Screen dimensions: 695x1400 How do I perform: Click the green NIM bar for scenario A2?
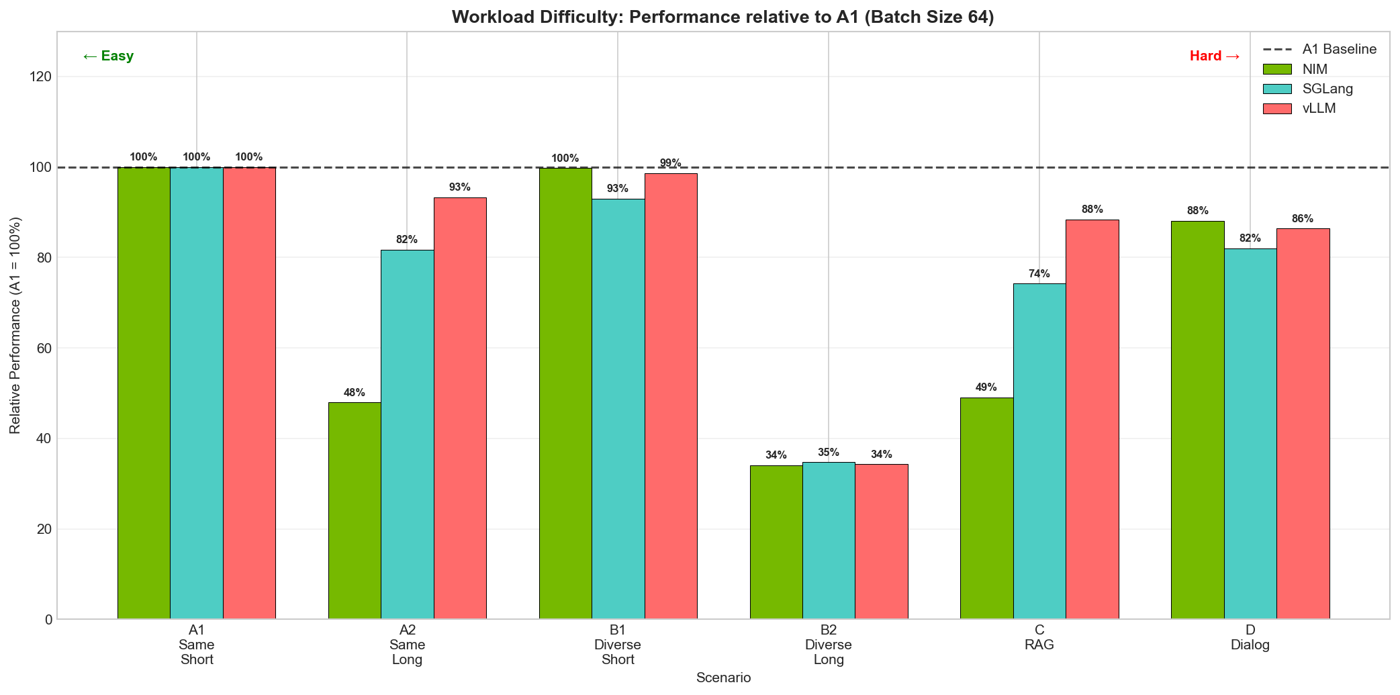click(x=355, y=510)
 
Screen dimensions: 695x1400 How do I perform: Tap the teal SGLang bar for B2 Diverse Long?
click(x=829, y=541)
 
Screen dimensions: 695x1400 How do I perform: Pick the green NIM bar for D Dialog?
click(x=1197, y=420)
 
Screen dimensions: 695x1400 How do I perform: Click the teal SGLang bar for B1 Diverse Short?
click(x=618, y=409)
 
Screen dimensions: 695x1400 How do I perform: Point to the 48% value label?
click(x=355, y=393)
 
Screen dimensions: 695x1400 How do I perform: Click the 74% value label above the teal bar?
click(x=1039, y=274)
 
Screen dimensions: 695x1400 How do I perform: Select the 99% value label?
click(x=670, y=163)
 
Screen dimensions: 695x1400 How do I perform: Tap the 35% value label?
click(x=829, y=453)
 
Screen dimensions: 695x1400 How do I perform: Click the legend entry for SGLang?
click(x=1327, y=89)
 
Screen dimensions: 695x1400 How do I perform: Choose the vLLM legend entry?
click(x=1319, y=109)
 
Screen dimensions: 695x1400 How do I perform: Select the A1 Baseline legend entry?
click(x=1339, y=49)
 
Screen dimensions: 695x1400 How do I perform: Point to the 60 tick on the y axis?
click(x=44, y=349)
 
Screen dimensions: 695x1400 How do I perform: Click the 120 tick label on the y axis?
click(x=41, y=77)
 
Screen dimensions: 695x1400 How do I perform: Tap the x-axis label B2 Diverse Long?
click(x=829, y=645)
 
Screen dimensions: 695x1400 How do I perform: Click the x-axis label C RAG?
click(x=1039, y=637)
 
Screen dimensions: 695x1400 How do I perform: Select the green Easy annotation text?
click(x=108, y=56)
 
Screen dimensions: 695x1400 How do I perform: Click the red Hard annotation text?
click(x=1214, y=56)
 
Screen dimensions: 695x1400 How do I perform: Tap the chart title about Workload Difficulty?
click(x=722, y=17)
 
